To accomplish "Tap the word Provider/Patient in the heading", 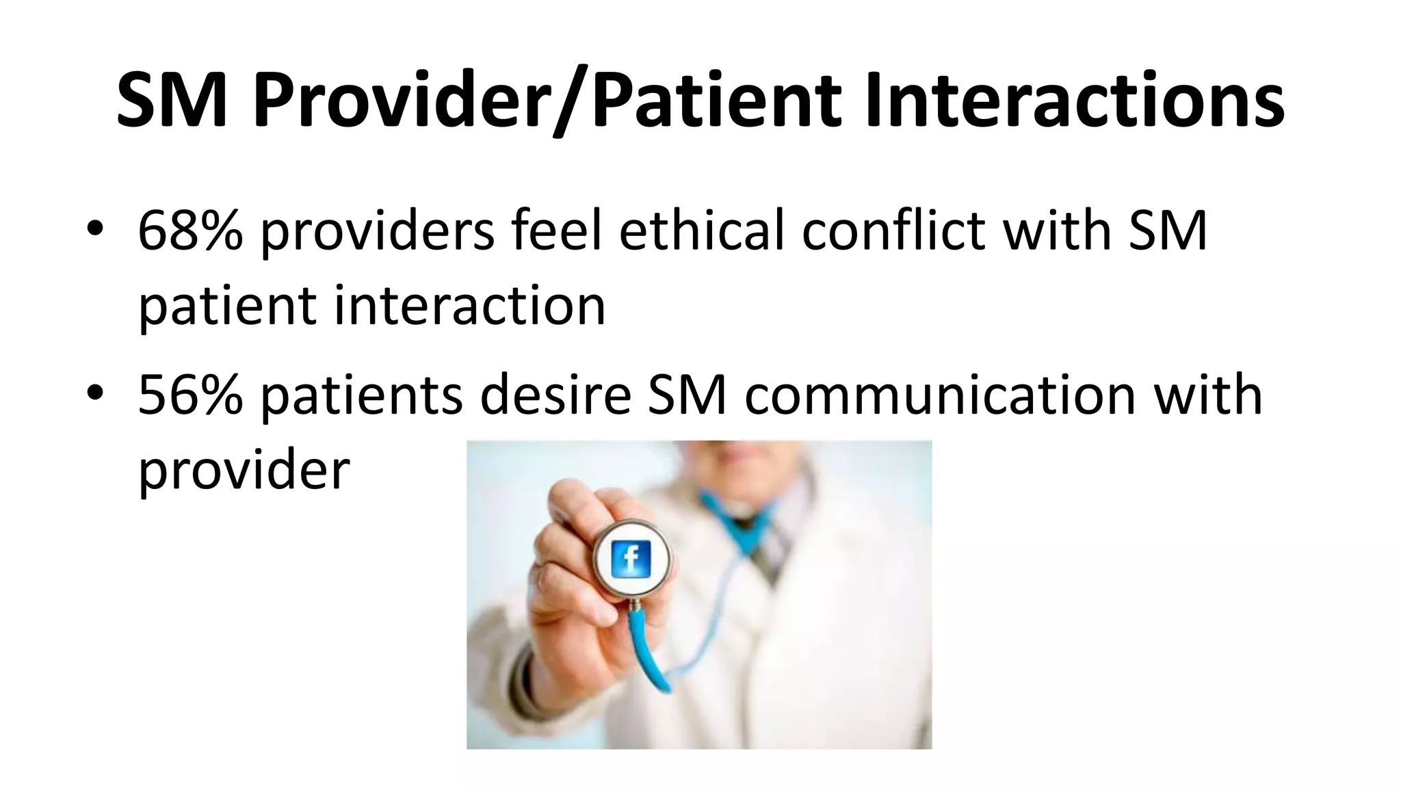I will click(x=546, y=101).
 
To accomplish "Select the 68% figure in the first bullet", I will click(x=190, y=231).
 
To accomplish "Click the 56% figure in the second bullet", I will click(x=190, y=395).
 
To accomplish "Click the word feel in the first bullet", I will click(x=557, y=231).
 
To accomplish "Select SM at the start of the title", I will click(x=171, y=101).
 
